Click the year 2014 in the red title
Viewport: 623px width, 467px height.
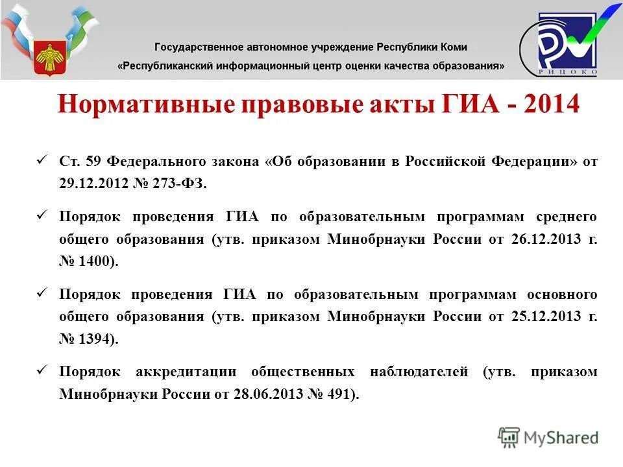point(546,104)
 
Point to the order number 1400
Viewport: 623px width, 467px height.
point(97,262)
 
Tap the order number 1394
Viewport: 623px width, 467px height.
point(97,340)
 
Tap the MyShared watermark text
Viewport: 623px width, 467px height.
point(561,438)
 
